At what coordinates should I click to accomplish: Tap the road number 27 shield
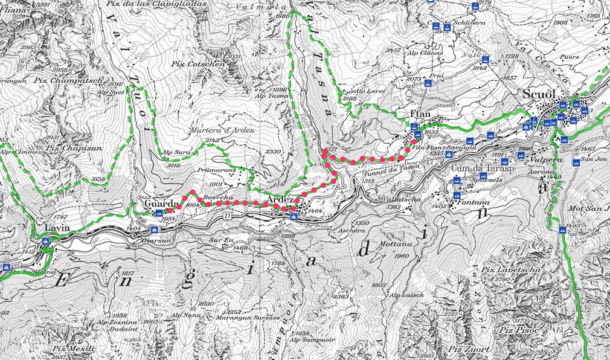[227, 216]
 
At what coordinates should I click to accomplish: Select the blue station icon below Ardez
[294, 216]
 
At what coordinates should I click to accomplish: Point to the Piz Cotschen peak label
[206, 63]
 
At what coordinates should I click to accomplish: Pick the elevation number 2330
[274, 152]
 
